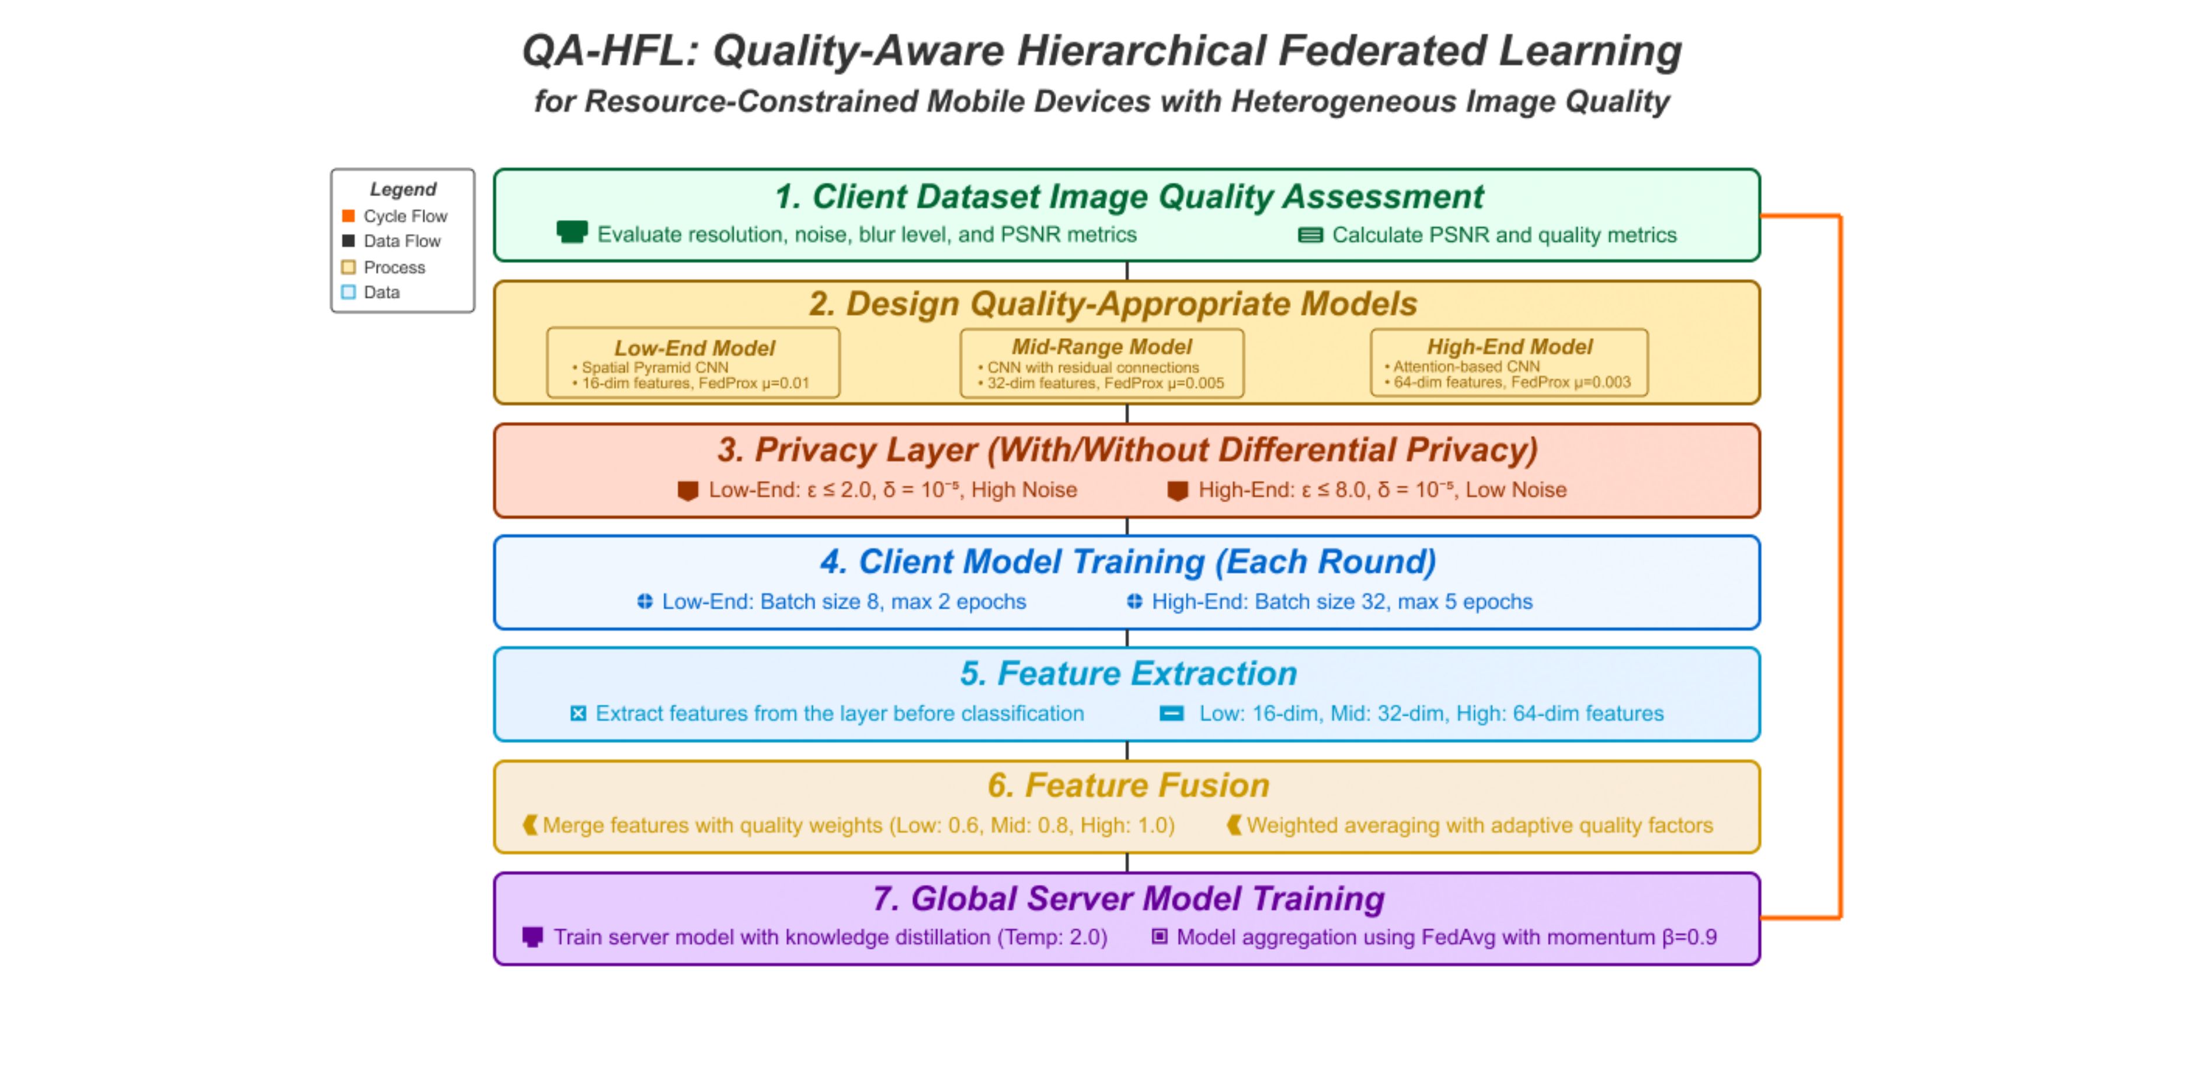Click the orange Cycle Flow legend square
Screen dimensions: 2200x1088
[x=349, y=216]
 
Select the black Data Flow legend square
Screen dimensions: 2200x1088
[x=349, y=241]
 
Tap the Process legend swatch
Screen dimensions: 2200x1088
[x=349, y=267]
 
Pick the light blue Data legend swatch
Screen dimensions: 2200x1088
[x=349, y=292]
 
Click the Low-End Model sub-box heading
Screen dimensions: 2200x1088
[x=694, y=348]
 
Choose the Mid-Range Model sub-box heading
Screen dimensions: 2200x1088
[x=1102, y=347]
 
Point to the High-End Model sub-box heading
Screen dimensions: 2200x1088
[x=1510, y=347]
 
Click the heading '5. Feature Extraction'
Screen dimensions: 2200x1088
[x=1128, y=674]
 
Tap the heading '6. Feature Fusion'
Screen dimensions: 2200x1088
[x=1128, y=786]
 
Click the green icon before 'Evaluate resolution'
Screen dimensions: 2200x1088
[x=572, y=232]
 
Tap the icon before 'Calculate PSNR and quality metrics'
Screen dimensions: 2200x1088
[x=1310, y=235]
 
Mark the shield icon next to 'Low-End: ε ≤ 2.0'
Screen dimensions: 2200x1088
[x=688, y=491]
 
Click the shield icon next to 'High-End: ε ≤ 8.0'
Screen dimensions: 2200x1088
[x=1178, y=491]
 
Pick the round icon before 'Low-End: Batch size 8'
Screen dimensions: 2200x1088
[x=645, y=602]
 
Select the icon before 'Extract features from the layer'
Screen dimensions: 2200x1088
[x=578, y=714]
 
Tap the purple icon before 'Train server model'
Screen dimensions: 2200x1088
[x=532, y=937]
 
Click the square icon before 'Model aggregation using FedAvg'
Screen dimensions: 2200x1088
[x=1159, y=937]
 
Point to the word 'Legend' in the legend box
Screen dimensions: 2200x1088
[x=403, y=190]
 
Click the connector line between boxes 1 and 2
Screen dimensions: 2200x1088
[x=1127, y=271]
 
